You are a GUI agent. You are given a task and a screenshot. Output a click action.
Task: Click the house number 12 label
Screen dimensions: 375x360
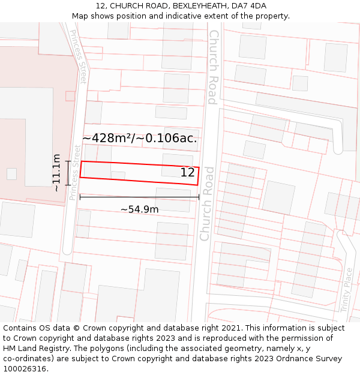(x=188, y=173)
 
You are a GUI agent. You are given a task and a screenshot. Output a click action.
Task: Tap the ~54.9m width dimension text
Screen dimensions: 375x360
(x=140, y=209)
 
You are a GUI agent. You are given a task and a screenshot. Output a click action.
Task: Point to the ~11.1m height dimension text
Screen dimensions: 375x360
(x=56, y=172)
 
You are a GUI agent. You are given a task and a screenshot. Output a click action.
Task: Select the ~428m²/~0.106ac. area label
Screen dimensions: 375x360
(x=140, y=138)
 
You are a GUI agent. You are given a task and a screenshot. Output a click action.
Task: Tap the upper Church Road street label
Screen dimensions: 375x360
(x=212, y=67)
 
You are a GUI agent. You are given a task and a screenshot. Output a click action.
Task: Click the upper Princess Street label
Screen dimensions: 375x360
(x=79, y=56)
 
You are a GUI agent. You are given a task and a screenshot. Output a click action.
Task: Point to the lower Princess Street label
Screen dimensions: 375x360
(x=74, y=172)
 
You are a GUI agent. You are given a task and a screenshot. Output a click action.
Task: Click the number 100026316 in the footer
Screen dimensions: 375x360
(x=26, y=369)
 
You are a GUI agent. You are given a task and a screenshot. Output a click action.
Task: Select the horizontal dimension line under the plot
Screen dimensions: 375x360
(x=140, y=197)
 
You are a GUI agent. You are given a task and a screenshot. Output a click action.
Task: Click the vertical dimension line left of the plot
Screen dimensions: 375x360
(x=68, y=172)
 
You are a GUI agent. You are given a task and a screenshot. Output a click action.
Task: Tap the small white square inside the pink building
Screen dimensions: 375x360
(x=11, y=174)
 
